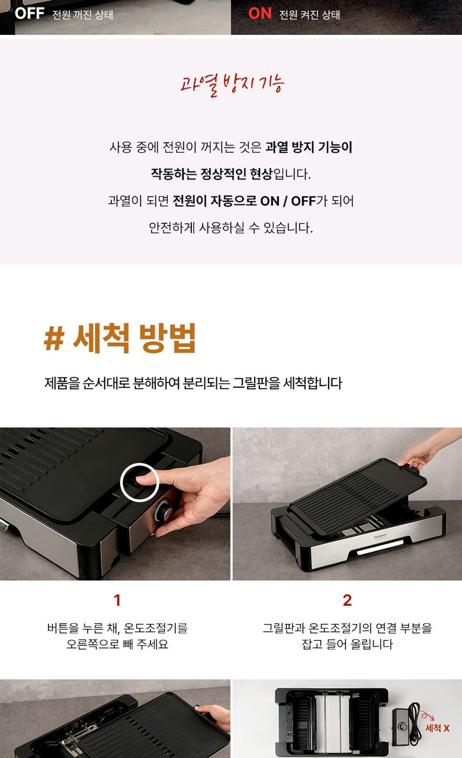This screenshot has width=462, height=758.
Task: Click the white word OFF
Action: [30, 14]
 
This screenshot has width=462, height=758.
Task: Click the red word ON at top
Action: [260, 14]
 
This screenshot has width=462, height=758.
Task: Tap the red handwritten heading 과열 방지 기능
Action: [232, 85]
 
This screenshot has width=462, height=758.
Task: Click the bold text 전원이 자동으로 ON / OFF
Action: [244, 201]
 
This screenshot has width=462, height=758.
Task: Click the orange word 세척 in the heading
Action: [101, 338]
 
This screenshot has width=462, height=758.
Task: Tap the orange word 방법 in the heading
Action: [168, 338]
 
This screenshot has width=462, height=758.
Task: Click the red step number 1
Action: [117, 600]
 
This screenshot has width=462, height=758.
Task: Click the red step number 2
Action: [347, 600]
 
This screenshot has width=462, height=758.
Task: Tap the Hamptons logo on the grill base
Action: [380, 537]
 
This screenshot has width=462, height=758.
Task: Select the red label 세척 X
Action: [437, 728]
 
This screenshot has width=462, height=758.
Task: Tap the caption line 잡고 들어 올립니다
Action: [347, 644]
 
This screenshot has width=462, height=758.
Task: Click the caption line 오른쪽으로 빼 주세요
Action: [117, 644]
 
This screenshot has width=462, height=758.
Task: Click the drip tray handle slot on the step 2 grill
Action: [380, 550]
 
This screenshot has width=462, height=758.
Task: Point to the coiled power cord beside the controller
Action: [415, 724]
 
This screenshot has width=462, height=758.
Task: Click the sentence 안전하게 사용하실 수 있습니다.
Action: [231, 228]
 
